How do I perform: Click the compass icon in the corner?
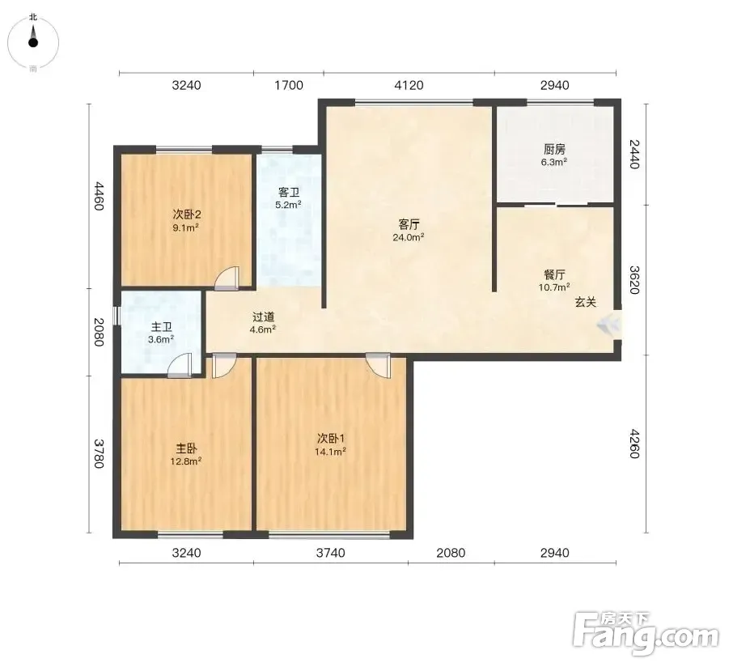(33, 43)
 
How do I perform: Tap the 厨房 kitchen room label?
(554, 149)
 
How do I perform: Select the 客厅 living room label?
(409, 224)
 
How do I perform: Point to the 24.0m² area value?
(409, 237)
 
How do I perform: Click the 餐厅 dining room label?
(554, 274)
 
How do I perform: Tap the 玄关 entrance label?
(586, 302)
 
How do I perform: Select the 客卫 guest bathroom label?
(289, 192)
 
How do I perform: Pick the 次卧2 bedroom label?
(187, 215)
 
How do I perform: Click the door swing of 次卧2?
(227, 277)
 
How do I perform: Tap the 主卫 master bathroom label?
(161, 327)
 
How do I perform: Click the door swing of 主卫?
(180, 365)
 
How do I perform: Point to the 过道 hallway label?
(263, 317)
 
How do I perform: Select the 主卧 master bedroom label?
(186, 448)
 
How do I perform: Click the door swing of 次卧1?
(378, 365)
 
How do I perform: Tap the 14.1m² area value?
(331, 452)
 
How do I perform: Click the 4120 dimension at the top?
(409, 85)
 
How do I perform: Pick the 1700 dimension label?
(289, 85)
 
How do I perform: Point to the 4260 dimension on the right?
(634, 444)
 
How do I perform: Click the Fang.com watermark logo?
(646, 633)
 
